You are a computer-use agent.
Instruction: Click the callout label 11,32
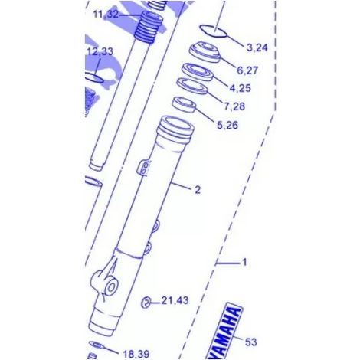click(x=106, y=15)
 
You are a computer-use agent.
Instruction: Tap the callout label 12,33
click(x=100, y=51)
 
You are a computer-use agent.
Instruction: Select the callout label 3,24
click(x=257, y=47)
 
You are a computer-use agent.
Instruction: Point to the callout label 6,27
click(x=247, y=70)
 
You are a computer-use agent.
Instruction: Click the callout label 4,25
click(x=241, y=88)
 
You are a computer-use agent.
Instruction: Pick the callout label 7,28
click(x=234, y=106)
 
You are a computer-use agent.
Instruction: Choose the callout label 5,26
click(x=227, y=125)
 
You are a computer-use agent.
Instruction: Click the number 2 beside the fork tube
click(x=198, y=190)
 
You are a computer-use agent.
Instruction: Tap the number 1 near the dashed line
click(x=244, y=262)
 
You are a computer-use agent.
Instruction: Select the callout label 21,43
click(x=175, y=300)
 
